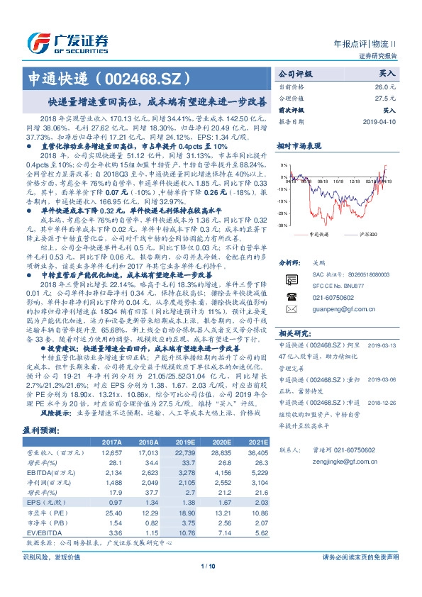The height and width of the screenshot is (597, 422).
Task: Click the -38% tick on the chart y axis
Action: click(x=282, y=226)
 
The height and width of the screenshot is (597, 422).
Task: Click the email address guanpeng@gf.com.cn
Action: click(x=334, y=309)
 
